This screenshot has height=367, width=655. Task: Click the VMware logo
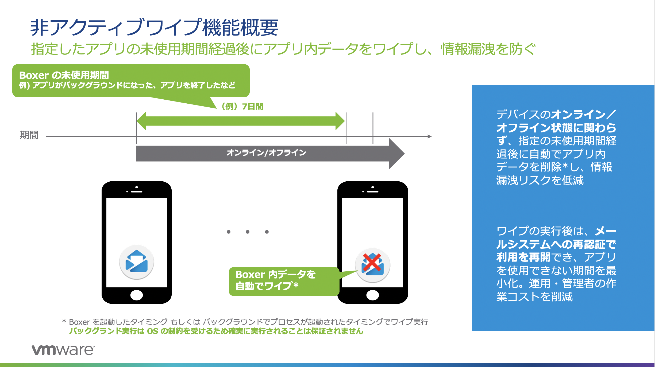63,350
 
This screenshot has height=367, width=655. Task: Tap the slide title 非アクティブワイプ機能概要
154,28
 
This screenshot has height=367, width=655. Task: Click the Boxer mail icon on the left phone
137,262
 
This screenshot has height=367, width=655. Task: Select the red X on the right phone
372,262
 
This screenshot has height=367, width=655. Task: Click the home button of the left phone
137,295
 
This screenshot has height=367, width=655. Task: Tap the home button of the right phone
373,295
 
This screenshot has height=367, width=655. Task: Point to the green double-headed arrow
241,121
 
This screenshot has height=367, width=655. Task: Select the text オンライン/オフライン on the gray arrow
266,153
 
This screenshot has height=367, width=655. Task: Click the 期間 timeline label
29,135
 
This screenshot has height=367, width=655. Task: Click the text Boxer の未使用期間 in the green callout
64,75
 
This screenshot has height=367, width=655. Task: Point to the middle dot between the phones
248,232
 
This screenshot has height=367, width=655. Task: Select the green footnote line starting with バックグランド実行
216,331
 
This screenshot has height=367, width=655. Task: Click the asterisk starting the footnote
64,321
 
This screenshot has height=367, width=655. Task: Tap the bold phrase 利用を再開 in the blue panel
523,257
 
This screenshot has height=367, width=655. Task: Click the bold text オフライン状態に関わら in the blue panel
556,128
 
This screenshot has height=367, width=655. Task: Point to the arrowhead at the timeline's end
429,136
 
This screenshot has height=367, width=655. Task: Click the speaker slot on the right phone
373,192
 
